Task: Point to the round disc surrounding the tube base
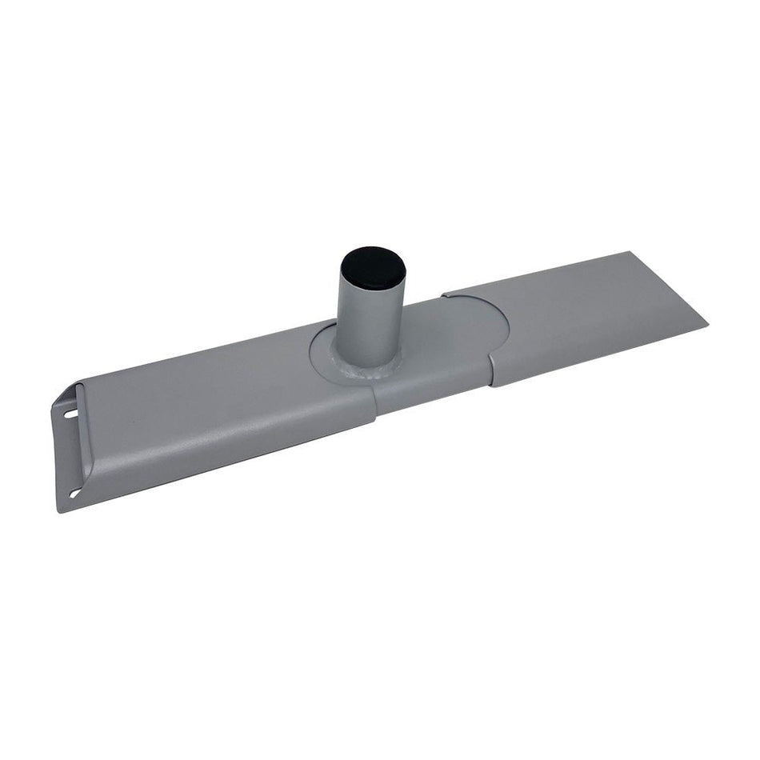tap(324, 352)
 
